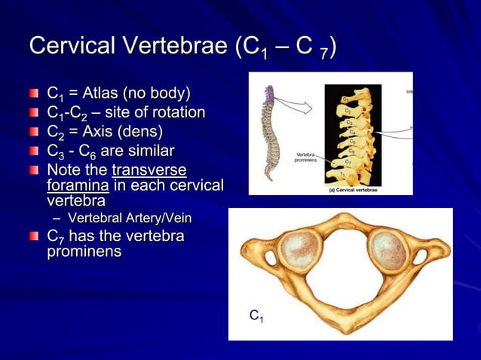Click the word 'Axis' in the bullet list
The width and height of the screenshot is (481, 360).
(x=103, y=132)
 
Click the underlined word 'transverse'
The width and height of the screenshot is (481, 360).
(x=149, y=169)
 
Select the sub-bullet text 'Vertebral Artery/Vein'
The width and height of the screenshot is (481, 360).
(x=129, y=218)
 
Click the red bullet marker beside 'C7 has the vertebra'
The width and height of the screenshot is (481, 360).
(x=35, y=236)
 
